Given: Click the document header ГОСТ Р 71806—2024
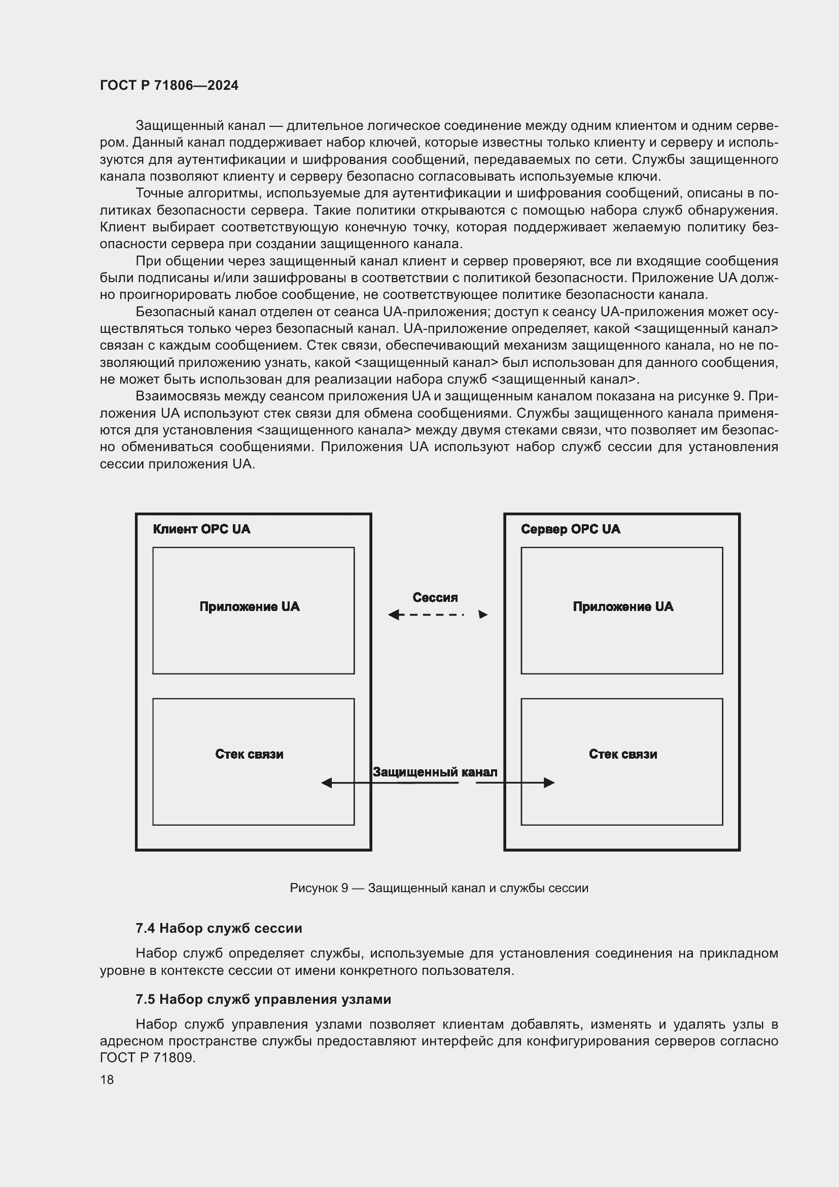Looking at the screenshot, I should point(169,85).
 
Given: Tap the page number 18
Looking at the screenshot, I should point(107,1079).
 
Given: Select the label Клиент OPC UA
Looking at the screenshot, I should point(201,529).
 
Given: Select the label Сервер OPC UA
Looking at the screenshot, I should point(570,529).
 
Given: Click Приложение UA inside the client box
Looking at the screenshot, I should point(250,606).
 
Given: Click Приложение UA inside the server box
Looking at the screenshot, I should point(623,606).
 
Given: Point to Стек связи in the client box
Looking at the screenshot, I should point(249,754).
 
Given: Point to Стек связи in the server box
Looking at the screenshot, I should point(623,754).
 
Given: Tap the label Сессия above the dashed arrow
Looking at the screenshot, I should point(435,597).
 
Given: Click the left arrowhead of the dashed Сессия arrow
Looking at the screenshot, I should point(393,615).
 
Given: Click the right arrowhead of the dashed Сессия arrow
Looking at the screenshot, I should point(483,615).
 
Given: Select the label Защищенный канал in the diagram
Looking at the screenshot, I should point(435,772).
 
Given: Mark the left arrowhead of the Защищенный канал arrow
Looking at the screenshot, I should point(327,783).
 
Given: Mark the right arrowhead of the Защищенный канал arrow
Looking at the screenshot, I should point(549,783).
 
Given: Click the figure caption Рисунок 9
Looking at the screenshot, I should point(439,888).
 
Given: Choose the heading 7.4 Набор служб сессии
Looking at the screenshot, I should point(219,928).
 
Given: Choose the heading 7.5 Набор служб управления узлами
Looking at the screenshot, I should point(263,999).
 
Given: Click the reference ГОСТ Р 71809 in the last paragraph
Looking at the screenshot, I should point(147,1057).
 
